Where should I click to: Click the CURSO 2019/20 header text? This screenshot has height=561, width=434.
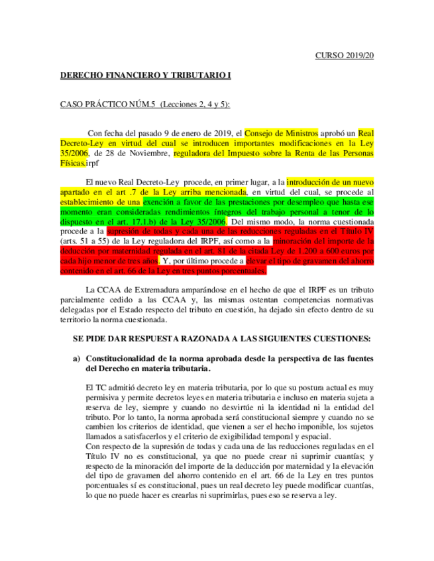tap(345, 56)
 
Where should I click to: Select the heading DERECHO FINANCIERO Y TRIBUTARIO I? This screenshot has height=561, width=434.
tap(146, 76)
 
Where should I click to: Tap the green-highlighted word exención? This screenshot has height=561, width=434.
tap(162, 201)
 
